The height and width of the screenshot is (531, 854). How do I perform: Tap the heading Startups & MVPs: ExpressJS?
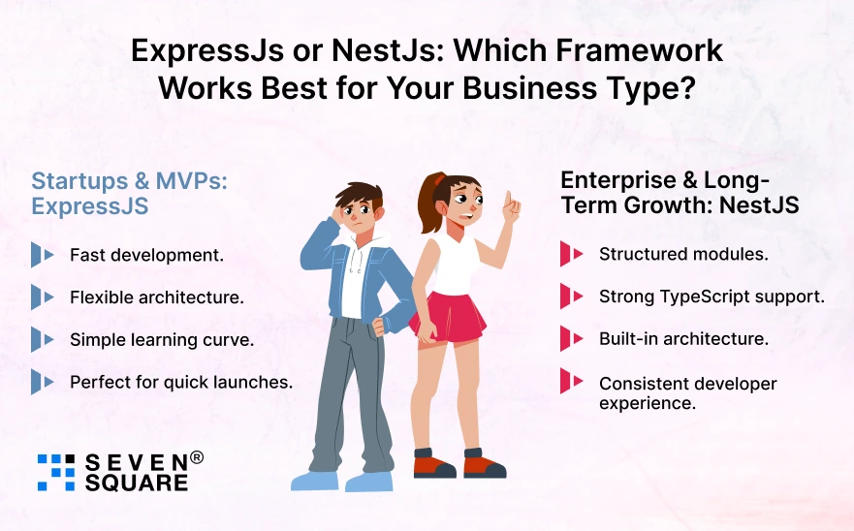pos(129,193)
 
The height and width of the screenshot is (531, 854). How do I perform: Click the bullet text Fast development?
pos(146,256)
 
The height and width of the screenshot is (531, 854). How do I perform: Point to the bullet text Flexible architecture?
pos(156,297)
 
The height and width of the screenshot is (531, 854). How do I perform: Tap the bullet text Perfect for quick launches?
pos(180,382)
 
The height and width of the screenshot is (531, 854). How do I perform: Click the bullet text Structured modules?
pos(682,255)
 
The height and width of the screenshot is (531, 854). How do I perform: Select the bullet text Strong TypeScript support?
pos(712,297)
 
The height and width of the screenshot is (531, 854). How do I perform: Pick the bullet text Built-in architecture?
pos(683,339)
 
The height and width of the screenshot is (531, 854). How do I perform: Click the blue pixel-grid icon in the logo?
pos(55,471)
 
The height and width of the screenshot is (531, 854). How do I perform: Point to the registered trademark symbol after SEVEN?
pos(197,457)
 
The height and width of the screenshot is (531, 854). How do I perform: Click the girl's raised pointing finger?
pos(510,201)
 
